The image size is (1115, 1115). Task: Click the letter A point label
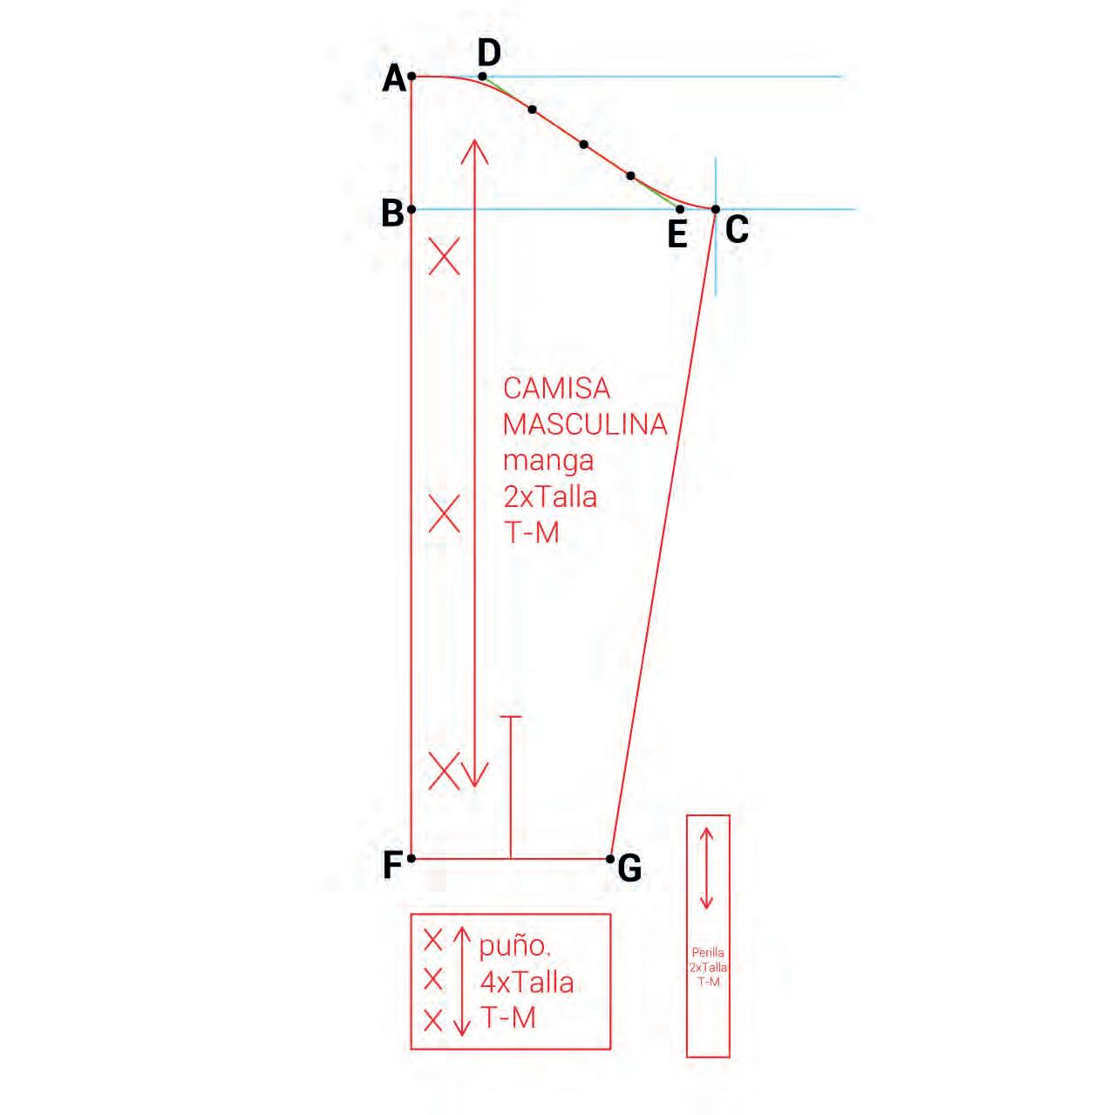tap(395, 79)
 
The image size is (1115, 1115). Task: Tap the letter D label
tap(489, 53)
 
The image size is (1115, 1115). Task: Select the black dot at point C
tap(715, 209)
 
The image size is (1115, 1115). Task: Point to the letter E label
tap(677, 234)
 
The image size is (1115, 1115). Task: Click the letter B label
tap(392, 213)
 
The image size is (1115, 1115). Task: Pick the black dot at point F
tap(411, 858)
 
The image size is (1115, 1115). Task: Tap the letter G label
tap(629, 868)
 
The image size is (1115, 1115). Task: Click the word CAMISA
tap(556, 388)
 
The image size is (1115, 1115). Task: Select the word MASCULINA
tap(584, 424)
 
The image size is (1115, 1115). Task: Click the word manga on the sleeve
tap(547, 460)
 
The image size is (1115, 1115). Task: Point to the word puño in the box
tap(515, 946)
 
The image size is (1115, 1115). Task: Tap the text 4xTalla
tap(527, 983)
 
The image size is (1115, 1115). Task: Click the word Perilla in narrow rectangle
tap(708, 953)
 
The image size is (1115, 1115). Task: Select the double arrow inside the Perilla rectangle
tap(707, 868)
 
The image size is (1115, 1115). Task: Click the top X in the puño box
tap(433, 940)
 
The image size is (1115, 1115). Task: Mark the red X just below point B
tap(445, 258)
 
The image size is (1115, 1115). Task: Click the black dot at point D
tap(483, 77)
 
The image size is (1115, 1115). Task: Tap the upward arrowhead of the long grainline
tap(473, 148)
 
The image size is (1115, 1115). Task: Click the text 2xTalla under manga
tap(550, 497)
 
